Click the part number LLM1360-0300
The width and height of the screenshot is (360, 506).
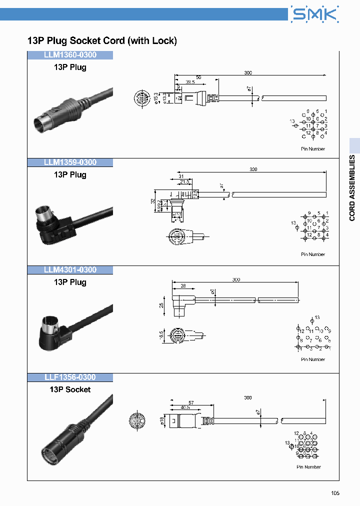click(70, 55)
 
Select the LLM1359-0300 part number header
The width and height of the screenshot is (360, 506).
click(70, 162)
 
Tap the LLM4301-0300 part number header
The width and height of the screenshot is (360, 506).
click(70, 270)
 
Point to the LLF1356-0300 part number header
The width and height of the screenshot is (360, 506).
click(70, 377)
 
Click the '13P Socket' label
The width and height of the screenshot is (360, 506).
click(70, 389)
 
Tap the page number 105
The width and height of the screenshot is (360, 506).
click(335, 493)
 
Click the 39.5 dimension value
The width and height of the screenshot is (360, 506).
click(190, 82)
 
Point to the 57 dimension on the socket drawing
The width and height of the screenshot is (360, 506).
click(191, 402)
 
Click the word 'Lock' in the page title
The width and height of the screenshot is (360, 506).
click(164, 40)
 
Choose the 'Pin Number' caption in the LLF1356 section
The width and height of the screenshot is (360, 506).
click(308, 467)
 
